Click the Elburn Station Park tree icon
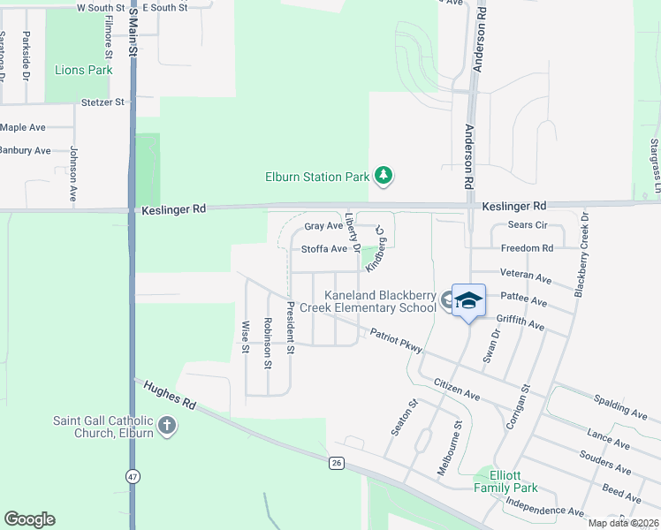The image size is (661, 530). (x=383, y=176)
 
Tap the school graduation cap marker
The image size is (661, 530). (x=468, y=300)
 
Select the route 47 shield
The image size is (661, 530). (x=133, y=476)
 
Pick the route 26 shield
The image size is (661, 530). (x=336, y=463)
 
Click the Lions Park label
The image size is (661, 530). (x=84, y=70)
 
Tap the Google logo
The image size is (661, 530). (x=29, y=519)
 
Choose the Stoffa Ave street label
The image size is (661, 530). (x=324, y=249)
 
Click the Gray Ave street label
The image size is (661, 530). (x=323, y=226)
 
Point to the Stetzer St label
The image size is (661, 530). (x=103, y=102)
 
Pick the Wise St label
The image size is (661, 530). (x=246, y=337)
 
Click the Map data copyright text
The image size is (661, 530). (x=624, y=523)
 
